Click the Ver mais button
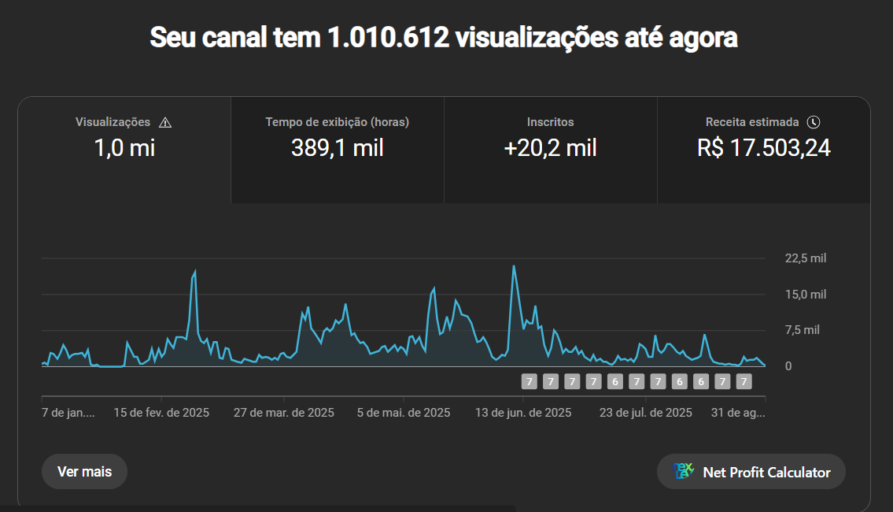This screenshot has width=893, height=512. click(x=84, y=472)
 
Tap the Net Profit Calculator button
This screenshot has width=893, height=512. click(x=751, y=472)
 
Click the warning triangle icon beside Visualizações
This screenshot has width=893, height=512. click(x=165, y=122)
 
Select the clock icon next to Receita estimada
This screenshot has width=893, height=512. click(x=814, y=122)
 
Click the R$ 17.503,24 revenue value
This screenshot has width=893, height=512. click(x=763, y=148)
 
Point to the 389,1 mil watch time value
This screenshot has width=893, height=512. click(x=338, y=148)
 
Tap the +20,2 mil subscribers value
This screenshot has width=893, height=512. click(x=550, y=148)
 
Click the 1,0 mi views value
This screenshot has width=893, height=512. click(x=124, y=148)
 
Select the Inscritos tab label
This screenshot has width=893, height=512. click(x=550, y=122)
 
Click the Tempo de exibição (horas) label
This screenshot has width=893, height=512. click(x=338, y=122)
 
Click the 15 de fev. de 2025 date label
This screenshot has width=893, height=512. click(x=161, y=413)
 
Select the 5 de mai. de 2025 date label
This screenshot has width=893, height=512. click(x=404, y=413)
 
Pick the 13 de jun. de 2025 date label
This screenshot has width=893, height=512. click(x=523, y=413)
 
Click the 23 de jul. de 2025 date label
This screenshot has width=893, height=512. click(x=645, y=413)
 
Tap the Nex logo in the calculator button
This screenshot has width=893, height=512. click(x=683, y=471)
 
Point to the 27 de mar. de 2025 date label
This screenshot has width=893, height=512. click(x=284, y=413)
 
